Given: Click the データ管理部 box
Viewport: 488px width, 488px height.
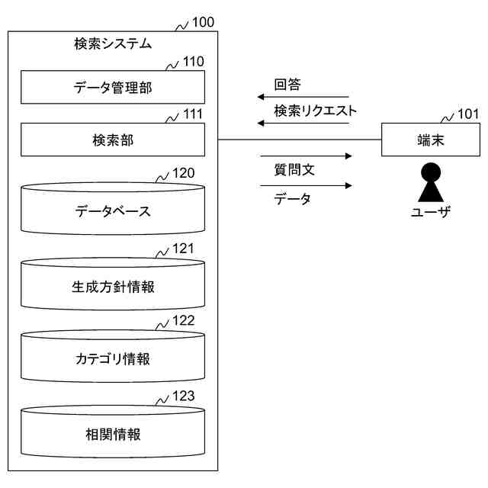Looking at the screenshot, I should pyautogui.click(x=113, y=87).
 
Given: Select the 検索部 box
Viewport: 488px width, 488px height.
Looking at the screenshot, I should pyautogui.click(x=113, y=140).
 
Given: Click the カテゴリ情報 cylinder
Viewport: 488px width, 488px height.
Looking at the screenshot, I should pyautogui.click(x=113, y=358).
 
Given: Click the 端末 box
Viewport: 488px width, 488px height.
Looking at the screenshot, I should pyautogui.click(x=431, y=140).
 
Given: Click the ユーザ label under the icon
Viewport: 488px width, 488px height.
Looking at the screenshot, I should pyautogui.click(x=431, y=212).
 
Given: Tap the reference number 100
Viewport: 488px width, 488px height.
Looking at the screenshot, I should pyautogui.click(x=203, y=22).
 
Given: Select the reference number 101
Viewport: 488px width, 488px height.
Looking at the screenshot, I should pyautogui.click(x=468, y=115).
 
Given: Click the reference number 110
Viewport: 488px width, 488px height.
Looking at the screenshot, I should pyautogui.click(x=194, y=62).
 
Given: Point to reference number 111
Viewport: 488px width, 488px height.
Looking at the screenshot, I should pyautogui.click(x=194, y=114).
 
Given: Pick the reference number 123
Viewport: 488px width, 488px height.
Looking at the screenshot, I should pyautogui.click(x=184, y=396).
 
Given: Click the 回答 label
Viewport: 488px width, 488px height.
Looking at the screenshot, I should pyautogui.click(x=288, y=84).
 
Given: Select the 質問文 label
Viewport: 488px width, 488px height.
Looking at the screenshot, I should pyautogui.click(x=294, y=170).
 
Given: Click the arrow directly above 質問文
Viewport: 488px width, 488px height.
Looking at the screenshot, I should pyautogui.click(x=305, y=156).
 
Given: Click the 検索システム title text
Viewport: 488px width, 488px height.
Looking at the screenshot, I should pyautogui.click(x=113, y=43).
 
